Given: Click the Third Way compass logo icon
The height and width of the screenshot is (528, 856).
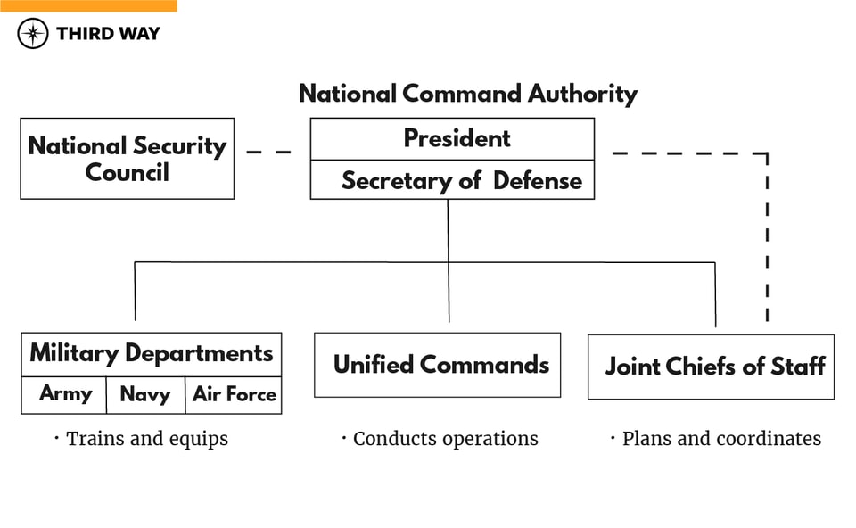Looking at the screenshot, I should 33,34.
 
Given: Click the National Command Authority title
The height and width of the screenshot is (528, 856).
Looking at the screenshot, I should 468,94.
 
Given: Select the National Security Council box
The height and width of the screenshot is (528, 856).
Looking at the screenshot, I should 127,158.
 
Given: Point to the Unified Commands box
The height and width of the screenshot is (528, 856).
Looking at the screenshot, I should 438,365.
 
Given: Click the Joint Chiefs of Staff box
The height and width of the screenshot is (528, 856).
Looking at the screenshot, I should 712,367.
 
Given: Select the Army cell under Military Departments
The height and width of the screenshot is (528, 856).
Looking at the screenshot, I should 64,394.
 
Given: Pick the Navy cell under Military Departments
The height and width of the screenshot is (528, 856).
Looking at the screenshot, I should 144,394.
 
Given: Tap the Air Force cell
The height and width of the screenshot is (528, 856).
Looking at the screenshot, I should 235,394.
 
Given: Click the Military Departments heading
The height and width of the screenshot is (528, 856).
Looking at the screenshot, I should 152,353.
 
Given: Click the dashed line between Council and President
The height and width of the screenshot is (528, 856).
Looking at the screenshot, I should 269,153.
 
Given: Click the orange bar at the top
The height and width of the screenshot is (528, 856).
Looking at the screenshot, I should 88,5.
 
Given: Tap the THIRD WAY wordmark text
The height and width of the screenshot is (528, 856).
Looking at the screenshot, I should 108,34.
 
